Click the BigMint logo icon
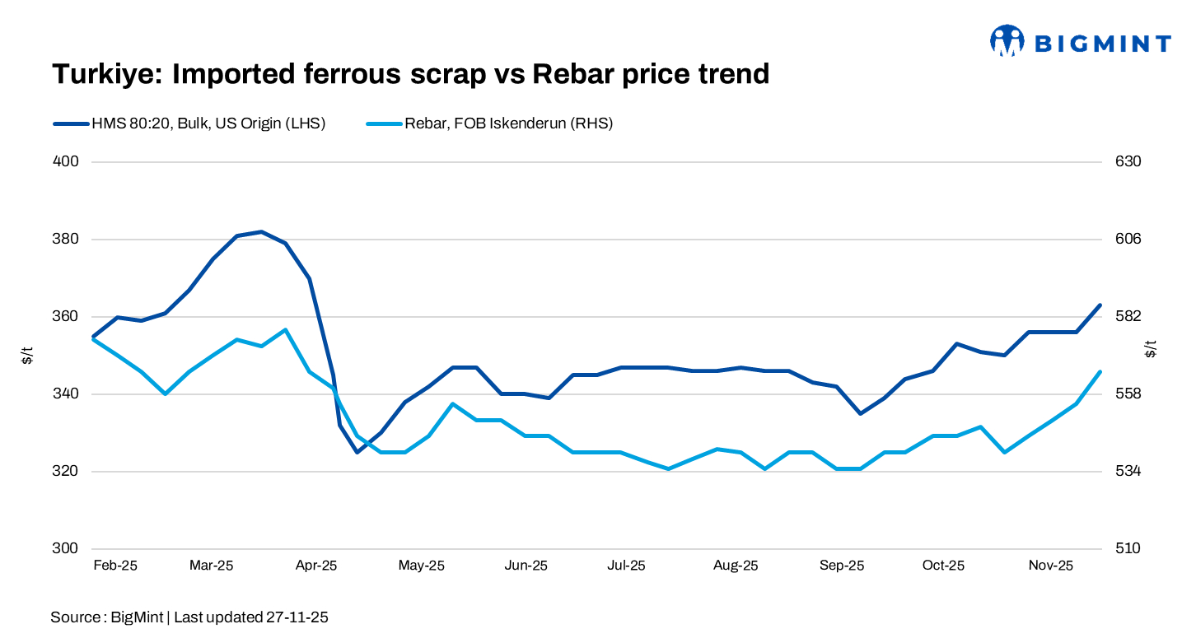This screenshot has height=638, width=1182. [1007, 41]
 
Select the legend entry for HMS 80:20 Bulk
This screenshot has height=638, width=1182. [189, 123]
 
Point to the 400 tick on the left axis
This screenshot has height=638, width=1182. [65, 161]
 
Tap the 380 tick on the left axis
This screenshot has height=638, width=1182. [65, 240]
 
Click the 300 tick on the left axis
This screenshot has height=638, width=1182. [65, 549]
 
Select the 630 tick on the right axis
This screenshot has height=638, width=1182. [1128, 161]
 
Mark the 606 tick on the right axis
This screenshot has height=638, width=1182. [1128, 240]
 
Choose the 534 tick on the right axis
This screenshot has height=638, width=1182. [1128, 472]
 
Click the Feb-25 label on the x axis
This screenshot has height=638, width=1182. [115, 566]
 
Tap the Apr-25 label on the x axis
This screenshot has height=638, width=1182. [316, 566]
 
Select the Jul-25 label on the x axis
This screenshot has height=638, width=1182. [626, 566]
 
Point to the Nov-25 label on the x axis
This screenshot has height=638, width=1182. [1052, 566]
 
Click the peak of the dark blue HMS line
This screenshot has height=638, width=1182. [261, 232]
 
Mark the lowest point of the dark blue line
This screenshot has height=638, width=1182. [357, 452]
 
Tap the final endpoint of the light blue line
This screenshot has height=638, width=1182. [1100, 372]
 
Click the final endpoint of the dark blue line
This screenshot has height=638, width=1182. [1100, 305]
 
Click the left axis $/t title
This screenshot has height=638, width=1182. [27, 356]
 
